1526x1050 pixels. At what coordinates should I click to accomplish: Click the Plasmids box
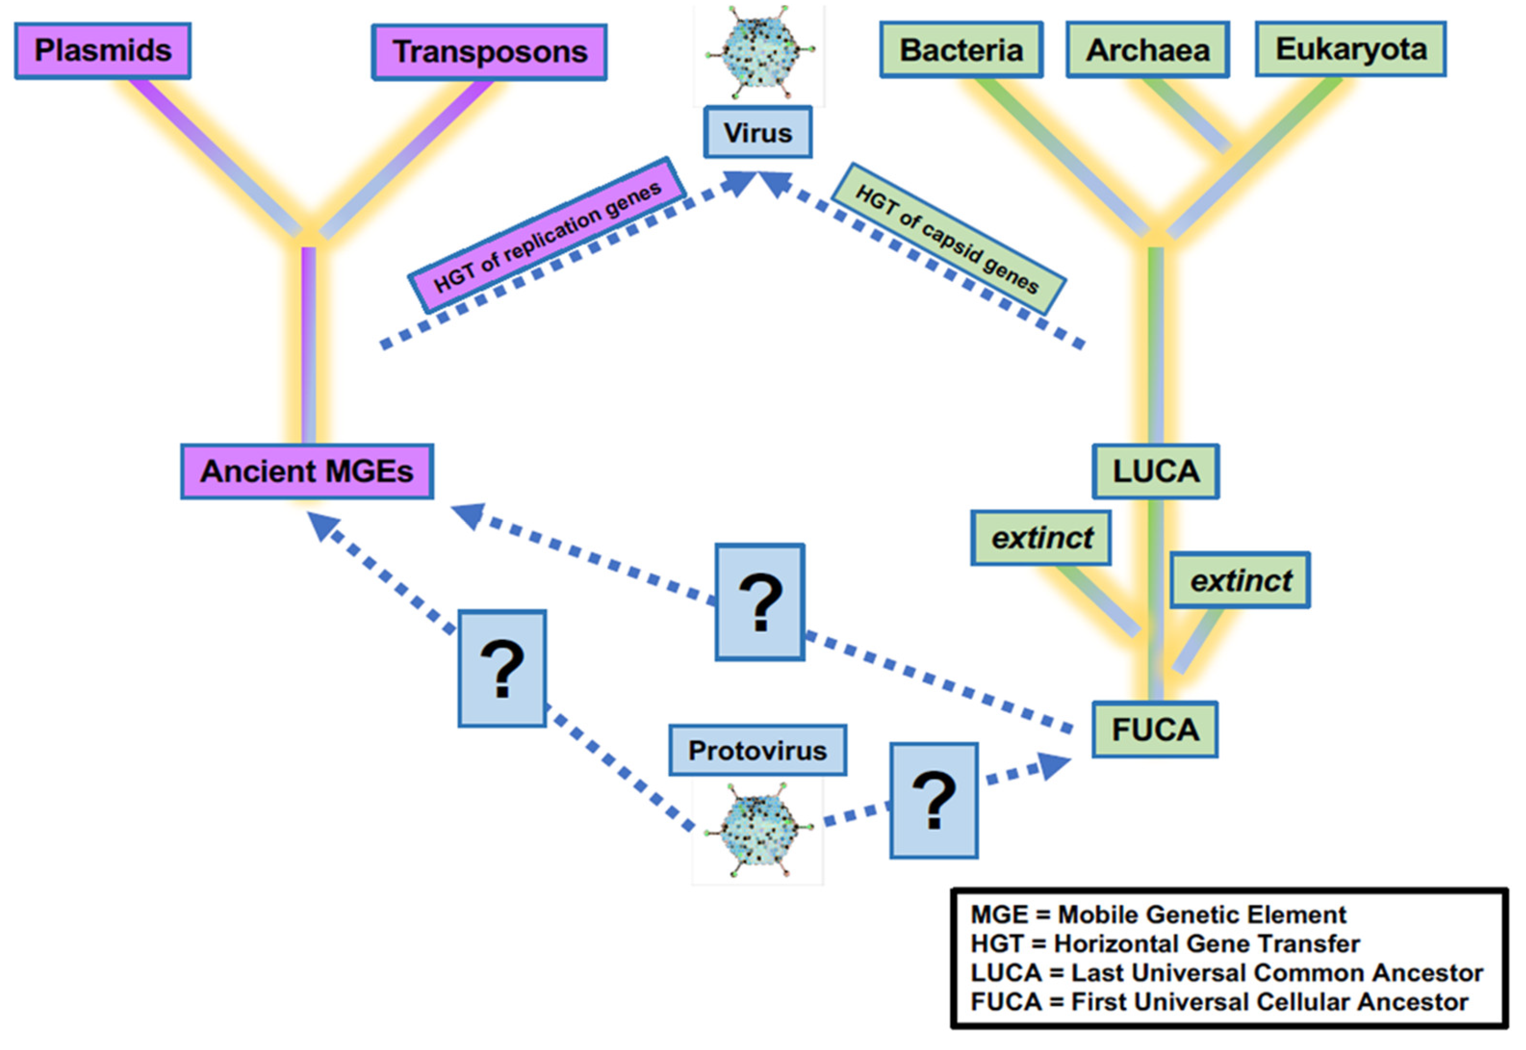point(103,51)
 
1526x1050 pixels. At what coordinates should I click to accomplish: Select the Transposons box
point(489,52)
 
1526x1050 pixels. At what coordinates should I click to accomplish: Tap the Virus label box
point(758,133)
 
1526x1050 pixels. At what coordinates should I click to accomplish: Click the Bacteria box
point(961,50)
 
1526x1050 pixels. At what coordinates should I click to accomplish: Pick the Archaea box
point(1148,50)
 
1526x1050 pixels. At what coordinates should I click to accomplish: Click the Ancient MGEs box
point(307,472)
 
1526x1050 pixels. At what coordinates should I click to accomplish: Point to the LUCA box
point(1155,472)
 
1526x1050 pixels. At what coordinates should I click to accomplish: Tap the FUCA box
point(1155,730)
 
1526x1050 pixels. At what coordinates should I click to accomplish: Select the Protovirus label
point(758,751)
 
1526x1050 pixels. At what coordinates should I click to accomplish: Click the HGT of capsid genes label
point(948,239)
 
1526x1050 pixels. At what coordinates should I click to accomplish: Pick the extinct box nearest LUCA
point(1041,538)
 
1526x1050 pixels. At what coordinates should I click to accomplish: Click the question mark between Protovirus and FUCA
point(934,801)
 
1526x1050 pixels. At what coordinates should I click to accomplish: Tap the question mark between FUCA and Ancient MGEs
point(760,602)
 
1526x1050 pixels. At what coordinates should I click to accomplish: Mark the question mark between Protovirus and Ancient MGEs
point(502,668)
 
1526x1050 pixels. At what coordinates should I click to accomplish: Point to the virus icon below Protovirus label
point(758,830)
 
